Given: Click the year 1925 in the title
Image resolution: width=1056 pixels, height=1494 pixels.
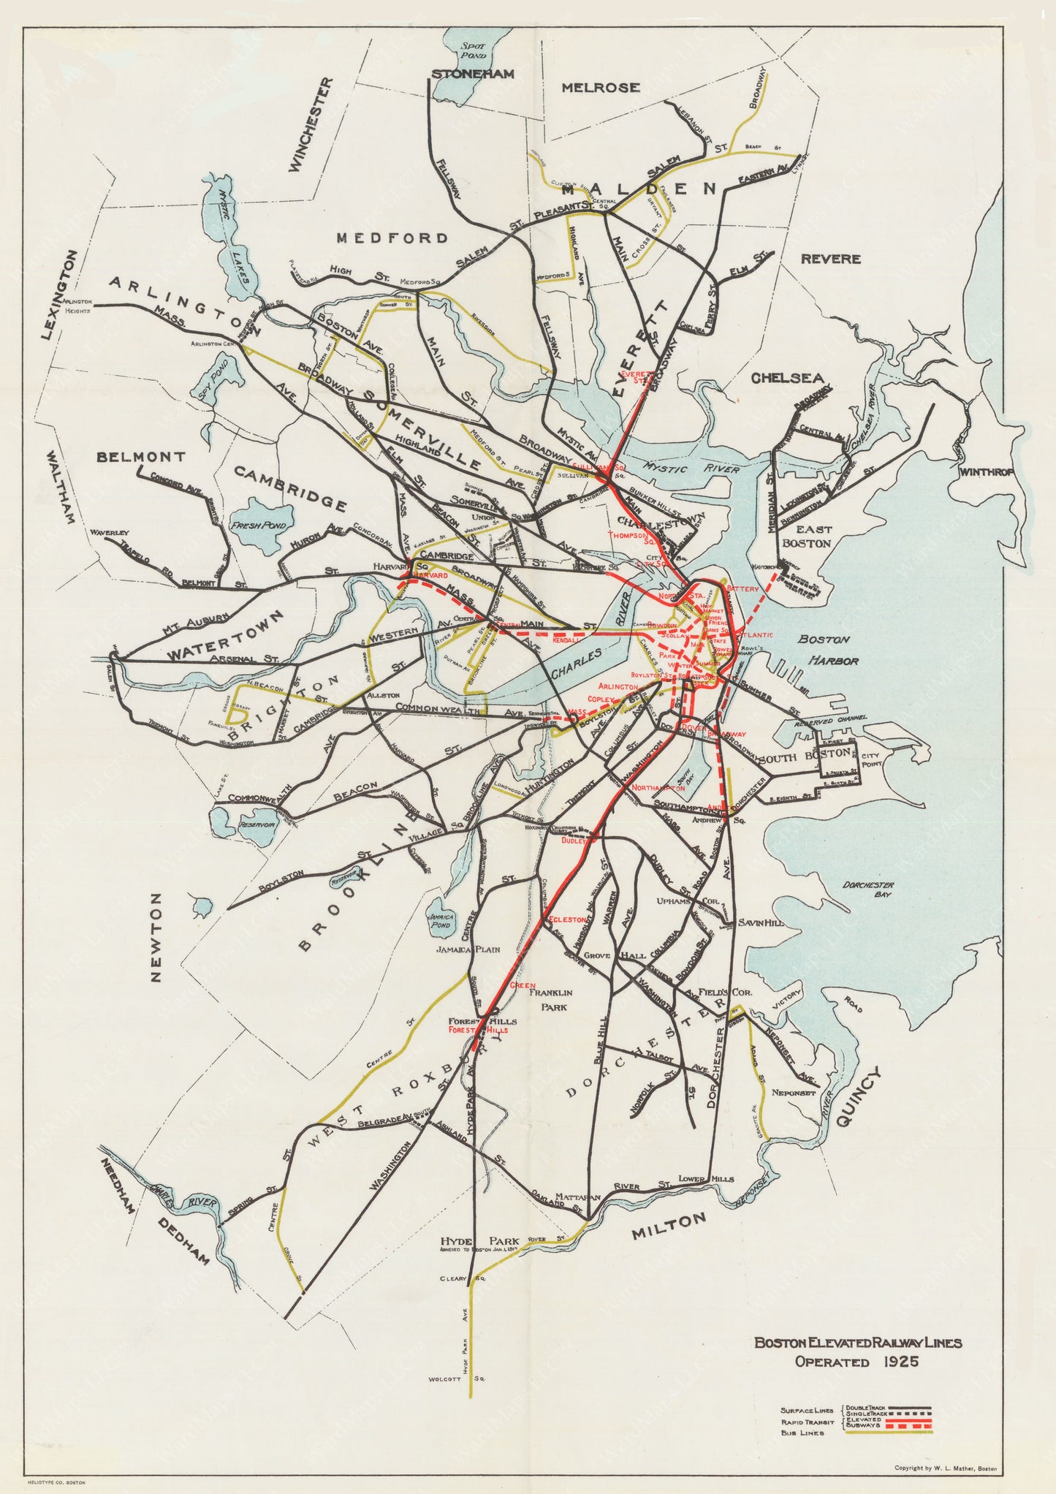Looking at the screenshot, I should coord(900,1362).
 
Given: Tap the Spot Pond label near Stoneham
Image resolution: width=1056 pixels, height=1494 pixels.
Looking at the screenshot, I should coord(473,50).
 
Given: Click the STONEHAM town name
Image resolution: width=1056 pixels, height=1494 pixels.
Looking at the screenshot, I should coord(472,74).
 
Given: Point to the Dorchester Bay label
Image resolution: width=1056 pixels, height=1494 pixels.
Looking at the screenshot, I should coord(868,889).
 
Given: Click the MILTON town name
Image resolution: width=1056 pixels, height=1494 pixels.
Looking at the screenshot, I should coord(669,1226).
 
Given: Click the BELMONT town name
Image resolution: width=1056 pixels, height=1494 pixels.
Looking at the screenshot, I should coord(141,457).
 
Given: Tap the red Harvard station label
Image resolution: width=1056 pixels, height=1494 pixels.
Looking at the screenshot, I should coord(430,576).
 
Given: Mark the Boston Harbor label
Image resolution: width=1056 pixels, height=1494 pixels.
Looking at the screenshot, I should coord(828,649).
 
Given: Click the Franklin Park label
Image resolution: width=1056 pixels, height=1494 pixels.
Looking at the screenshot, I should coord(550,999).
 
